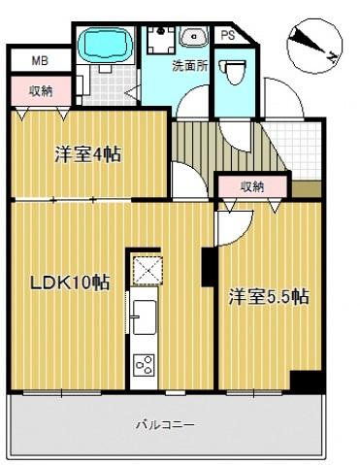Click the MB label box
pos(39,59)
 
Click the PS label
pos(227,35)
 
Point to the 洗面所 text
pos(189,67)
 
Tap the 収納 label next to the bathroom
pos(40,91)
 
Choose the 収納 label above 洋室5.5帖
pos(252,186)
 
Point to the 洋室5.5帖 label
pos(269,296)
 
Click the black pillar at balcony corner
pos(308,382)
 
